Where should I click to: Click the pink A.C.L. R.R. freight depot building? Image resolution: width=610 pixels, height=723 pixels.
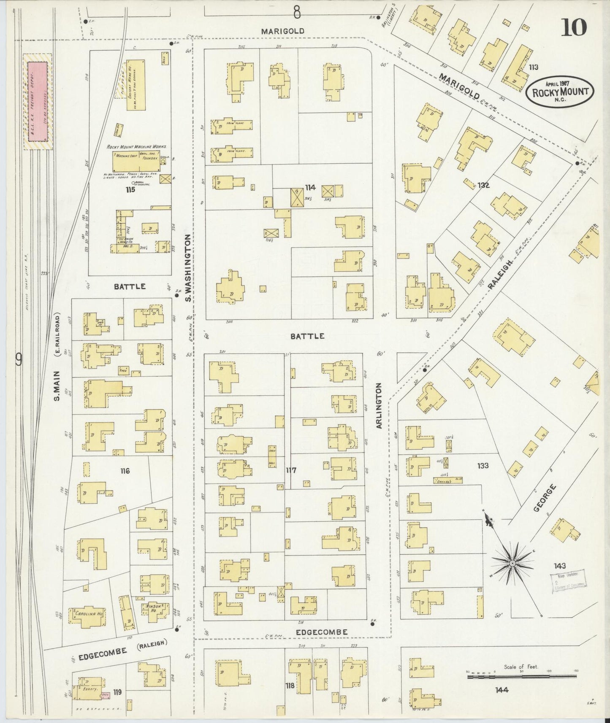(37, 101)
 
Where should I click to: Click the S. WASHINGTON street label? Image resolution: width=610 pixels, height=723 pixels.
(188, 269)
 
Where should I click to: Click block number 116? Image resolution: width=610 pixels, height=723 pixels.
(124, 471)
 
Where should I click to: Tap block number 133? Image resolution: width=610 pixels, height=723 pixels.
(483, 466)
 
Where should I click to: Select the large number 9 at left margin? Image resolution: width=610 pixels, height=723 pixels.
(19, 359)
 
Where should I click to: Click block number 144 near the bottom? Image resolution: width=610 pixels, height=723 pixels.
(502, 690)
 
